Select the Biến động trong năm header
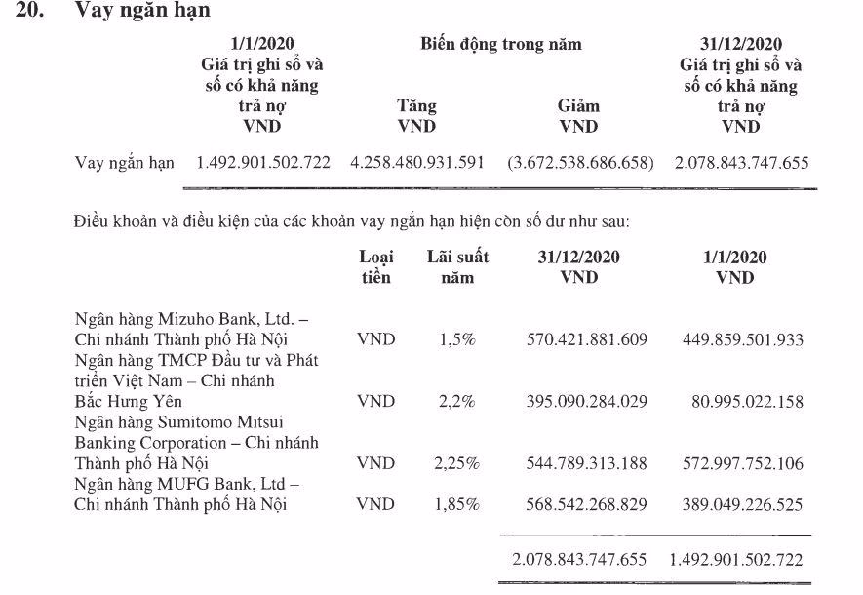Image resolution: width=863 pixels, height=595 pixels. click(x=500, y=44)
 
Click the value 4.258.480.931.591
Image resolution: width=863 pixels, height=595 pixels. click(x=416, y=162)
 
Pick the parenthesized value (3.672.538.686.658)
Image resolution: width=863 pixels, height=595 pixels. click(x=580, y=162)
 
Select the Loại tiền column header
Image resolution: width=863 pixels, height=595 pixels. click(x=375, y=267)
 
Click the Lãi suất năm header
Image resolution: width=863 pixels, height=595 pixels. click(x=457, y=267)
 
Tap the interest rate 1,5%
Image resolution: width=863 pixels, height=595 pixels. click(x=457, y=339)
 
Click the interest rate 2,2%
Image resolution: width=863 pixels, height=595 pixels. click(x=457, y=401)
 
